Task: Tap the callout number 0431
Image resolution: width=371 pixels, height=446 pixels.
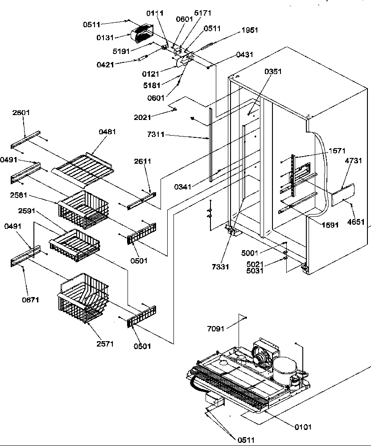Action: tap(245, 55)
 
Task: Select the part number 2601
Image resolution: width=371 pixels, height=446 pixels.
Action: tap(21, 112)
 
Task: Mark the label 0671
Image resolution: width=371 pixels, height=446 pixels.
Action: tap(30, 300)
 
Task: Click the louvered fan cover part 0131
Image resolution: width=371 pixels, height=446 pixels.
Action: tap(141, 34)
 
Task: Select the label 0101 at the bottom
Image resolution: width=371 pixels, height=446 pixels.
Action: tap(303, 427)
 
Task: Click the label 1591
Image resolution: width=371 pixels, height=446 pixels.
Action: tap(330, 225)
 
